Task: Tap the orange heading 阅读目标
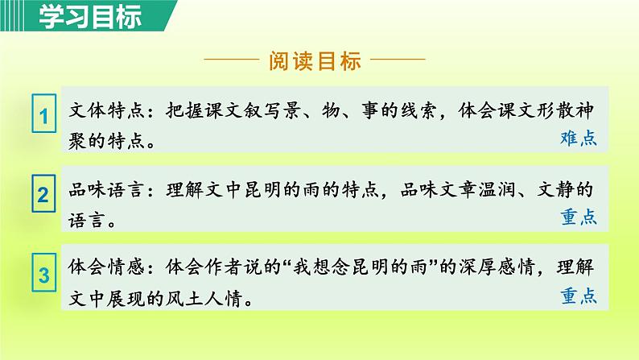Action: (x=314, y=62)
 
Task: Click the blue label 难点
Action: (x=578, y=138)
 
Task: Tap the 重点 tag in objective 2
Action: (x=578, y=217)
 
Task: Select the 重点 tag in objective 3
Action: (x=578, y=296)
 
